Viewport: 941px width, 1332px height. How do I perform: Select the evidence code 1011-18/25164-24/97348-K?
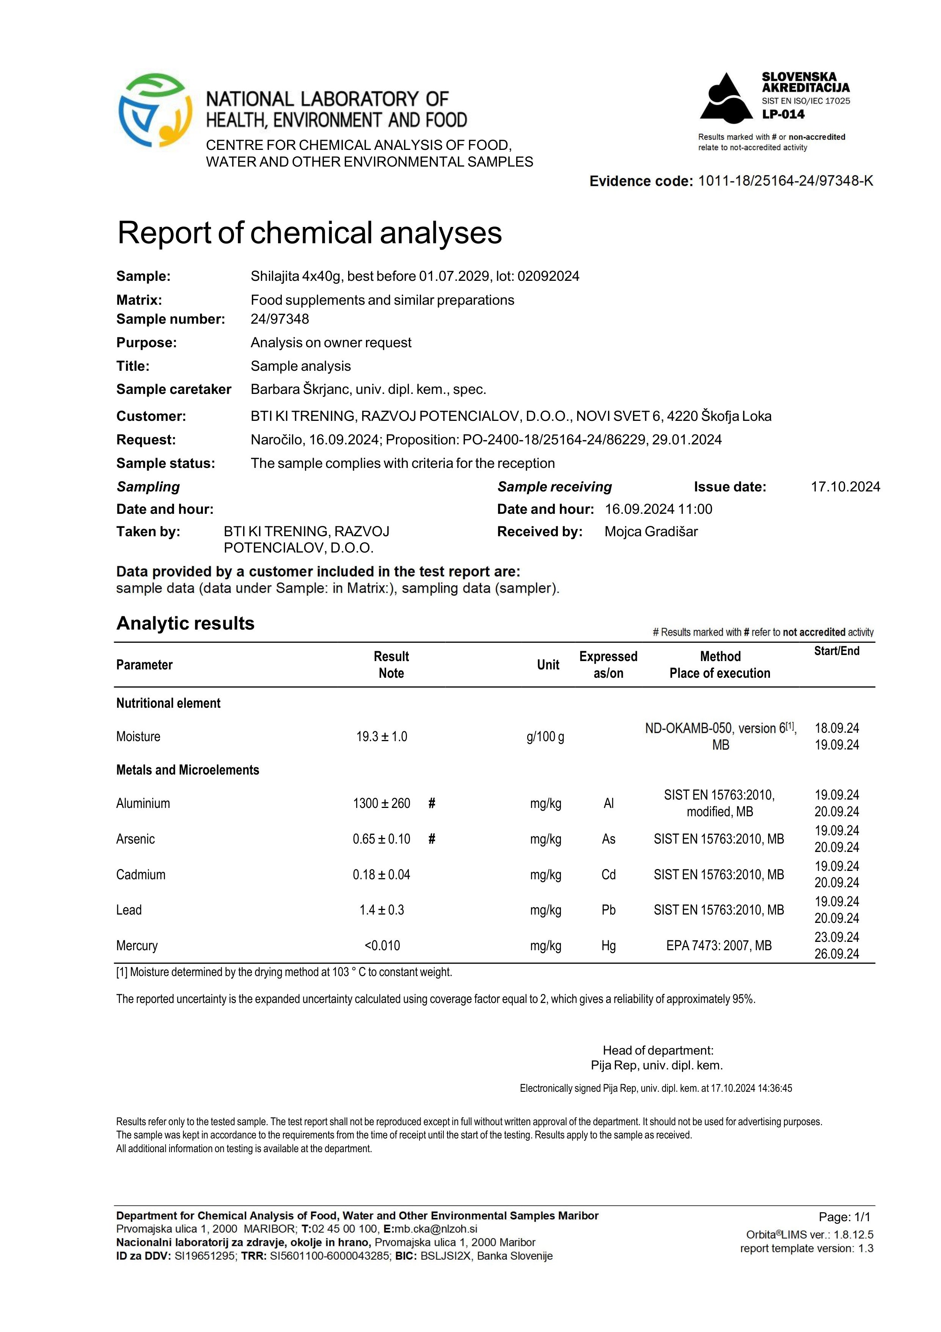[785, 181]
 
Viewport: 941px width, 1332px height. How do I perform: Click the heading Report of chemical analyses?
[309, 233]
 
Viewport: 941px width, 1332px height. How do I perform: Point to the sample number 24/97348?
[280, 319]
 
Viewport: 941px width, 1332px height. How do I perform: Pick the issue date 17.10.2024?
[845, 487]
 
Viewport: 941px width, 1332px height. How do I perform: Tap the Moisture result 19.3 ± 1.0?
[382, 737]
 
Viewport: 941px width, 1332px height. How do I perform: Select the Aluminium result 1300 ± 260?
[382, 803]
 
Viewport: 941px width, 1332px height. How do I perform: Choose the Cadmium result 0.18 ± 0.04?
[382, 875]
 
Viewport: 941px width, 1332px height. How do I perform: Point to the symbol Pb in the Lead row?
[608, 910]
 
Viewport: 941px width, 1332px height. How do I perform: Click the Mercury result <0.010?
[382, 946]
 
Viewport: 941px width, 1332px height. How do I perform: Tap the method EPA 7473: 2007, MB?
[719, 946]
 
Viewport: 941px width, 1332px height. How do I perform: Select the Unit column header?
[548, 665]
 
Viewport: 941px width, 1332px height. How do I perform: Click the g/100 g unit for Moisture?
[545, 737]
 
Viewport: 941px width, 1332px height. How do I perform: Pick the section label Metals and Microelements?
[188, 770]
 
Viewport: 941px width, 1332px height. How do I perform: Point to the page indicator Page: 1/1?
[844, 1217]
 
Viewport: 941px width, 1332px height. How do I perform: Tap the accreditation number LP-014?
[783, 114]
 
